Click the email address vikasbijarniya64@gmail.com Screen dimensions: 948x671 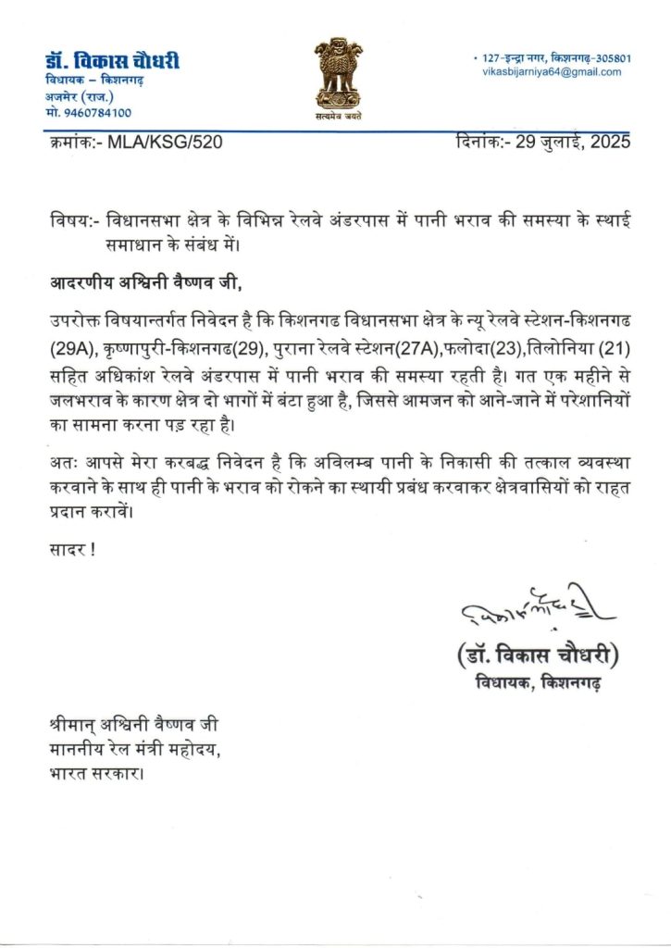click(x=552, y=72)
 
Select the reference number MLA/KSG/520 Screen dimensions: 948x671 click(x=165, y=142)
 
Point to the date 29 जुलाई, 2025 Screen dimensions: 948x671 click(x=571, y=142)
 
